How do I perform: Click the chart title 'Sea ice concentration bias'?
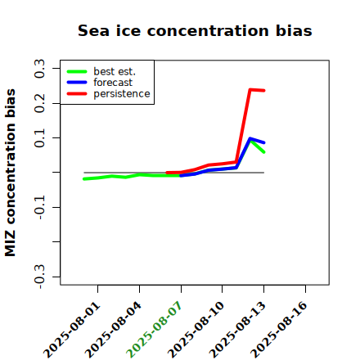(x=195, y=30)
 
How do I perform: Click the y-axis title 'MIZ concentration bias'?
(x=11, y=173)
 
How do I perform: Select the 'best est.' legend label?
(x=115, y=71)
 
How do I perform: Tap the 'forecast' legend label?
(x=113, y=83)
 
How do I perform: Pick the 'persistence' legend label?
(x=122, y=94)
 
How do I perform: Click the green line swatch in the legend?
(x=77, y=71)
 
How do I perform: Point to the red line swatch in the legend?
(x=77, y=94)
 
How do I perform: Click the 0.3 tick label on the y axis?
(x=39, y=69)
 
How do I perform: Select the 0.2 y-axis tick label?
(x=39, y=103)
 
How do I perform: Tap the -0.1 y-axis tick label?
(x=39, y=208)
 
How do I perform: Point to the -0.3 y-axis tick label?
(x=39, y=277)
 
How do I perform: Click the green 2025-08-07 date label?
(x=154, y=330)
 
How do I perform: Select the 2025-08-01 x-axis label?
(x=71, y=330)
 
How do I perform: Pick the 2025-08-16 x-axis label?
(x=279, y=330)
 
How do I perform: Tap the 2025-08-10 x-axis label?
(x=196, y=330)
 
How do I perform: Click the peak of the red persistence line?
(x=250, y=89)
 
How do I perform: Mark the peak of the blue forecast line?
(x=250, y=138)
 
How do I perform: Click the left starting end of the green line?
(x=84, y=179)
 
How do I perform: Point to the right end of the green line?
(x=264, y=152)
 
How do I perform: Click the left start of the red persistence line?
(x=167, y=173)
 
